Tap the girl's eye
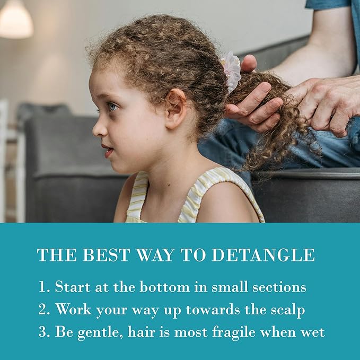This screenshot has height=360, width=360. [x=112, y=107]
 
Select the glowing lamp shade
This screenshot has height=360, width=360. [x=15, y=20]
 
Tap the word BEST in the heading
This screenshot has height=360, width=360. [x=100, y=255]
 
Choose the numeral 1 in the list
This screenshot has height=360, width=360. [x=42, y=287]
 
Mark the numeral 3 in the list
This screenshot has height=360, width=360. [x=43, y=332]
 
